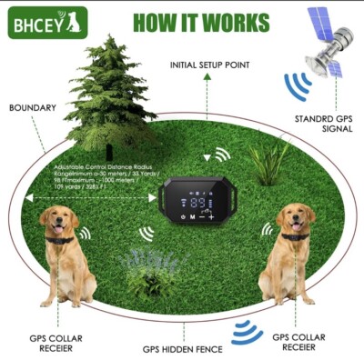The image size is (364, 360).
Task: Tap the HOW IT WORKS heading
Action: coord(201,22)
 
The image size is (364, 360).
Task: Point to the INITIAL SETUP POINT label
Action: coord(207,65)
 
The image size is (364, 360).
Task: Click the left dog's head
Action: coord(58,222)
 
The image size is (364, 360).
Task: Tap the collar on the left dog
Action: coord(61,241)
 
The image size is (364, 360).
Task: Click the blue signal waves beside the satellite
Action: coord(298,86)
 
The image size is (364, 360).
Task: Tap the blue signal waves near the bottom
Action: coord(247,332)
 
